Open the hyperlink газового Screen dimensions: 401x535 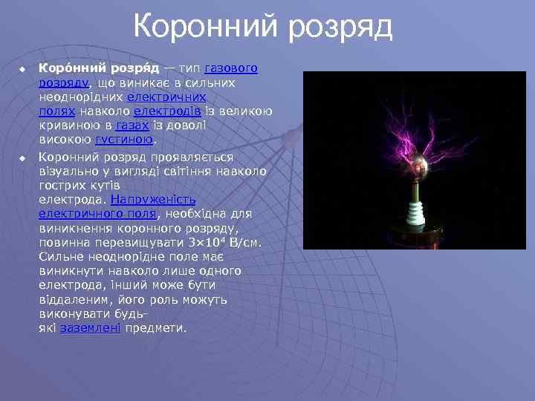[x=230, y=68]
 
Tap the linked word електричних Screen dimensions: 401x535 [x=166, y=97]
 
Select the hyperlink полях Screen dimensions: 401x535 [x=56, y=111]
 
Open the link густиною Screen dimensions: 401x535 [x=124, y=139]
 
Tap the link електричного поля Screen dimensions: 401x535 [x=97, y=214]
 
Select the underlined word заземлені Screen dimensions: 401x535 [x=90, y=327]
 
